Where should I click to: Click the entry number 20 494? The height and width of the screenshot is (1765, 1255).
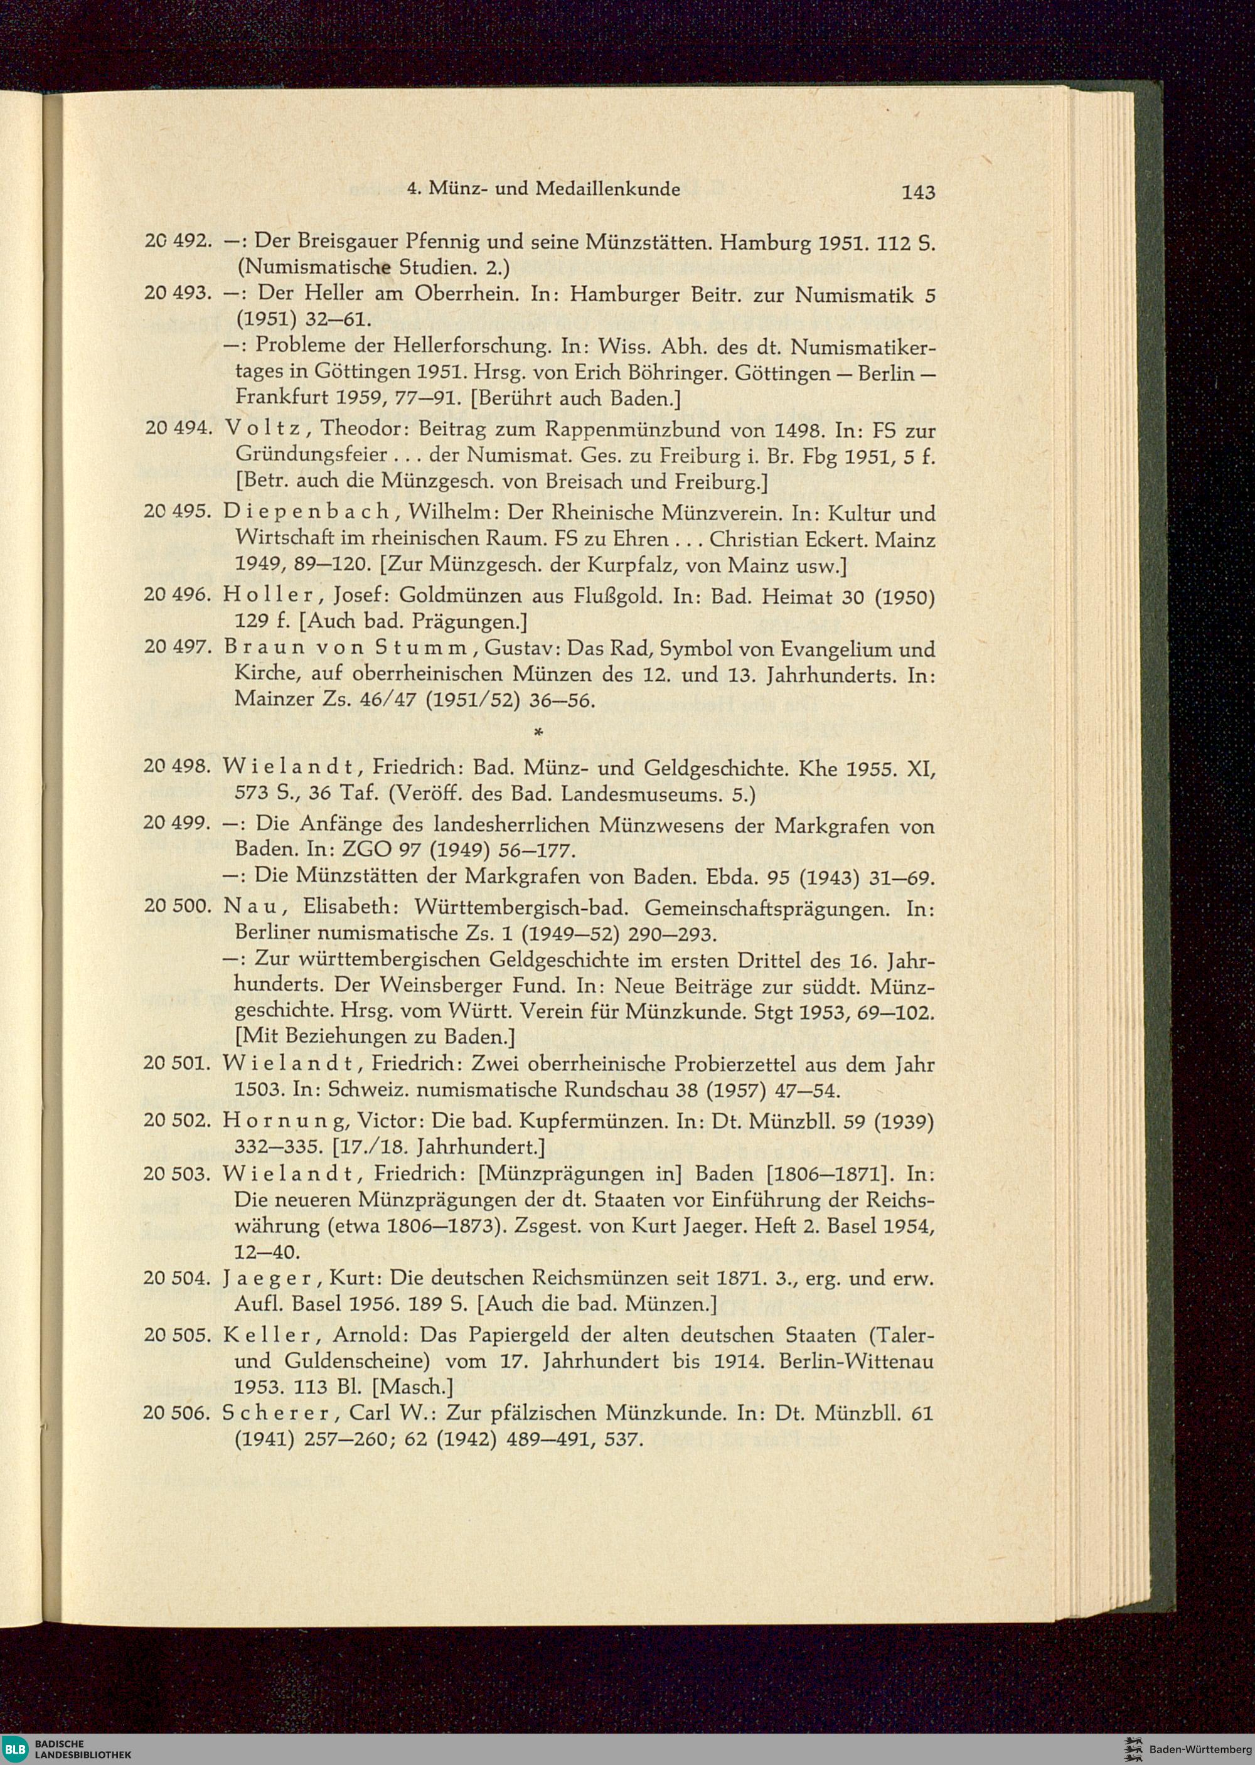(x=178, y=429)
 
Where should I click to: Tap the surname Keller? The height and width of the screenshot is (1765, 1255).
(x=268, y=1335)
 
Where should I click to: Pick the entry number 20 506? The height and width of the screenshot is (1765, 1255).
(x=178, y=1414)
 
